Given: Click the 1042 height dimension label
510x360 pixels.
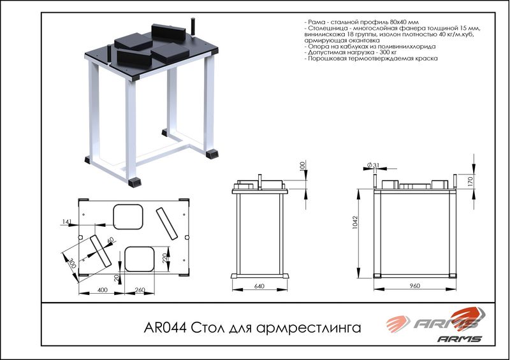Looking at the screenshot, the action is tap(355, 222).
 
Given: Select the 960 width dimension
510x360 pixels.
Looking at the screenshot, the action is tap(415, 286).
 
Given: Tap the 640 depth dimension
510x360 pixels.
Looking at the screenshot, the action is tap(259, 286).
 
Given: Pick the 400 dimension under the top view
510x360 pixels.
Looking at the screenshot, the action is tap(103, 290).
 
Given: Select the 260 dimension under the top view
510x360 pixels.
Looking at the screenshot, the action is tap(140, 290).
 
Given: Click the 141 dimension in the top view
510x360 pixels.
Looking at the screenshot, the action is tap(66, 222).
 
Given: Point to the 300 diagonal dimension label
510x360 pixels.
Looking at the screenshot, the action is tap(73, 263).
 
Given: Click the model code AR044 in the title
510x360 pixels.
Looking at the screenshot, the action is tap(165, 328).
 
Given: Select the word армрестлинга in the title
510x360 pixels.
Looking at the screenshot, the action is tap(309, 328).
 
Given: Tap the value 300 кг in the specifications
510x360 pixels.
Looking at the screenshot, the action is tap(388, 52).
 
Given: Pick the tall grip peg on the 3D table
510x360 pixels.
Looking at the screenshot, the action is tap(193, 27).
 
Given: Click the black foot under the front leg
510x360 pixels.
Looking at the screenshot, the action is tap(135, 182).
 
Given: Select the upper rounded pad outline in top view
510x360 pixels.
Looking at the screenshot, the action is tap(128, 217).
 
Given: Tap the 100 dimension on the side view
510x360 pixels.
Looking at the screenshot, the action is tap(302, 166).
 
